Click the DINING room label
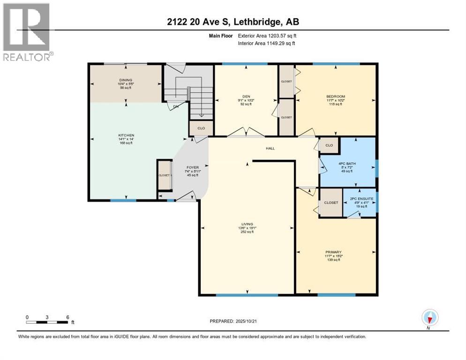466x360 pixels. (126, 80)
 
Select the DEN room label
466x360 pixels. (245, 97)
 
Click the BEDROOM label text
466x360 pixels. (335, 97)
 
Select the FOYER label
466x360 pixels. (193, 167)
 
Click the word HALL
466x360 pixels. (270, 149)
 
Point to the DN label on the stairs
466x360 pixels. (176, 106)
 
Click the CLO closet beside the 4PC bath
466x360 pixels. (329, 145)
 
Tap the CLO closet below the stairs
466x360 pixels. (200, 127)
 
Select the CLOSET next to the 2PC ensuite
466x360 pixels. (331, 202)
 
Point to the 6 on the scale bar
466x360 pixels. (68, 317)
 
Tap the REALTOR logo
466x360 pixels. (27, 31)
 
